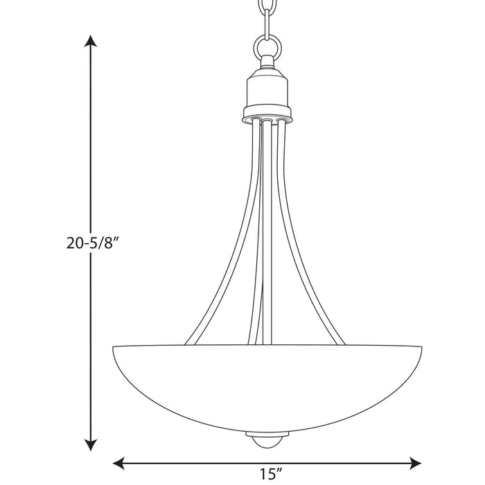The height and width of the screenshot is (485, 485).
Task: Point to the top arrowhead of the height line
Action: (89, 40)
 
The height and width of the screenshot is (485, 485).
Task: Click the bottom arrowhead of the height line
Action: (89, 444)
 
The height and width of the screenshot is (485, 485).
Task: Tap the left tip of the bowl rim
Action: (113, 348)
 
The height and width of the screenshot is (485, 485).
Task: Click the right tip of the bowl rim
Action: (420, 348)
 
